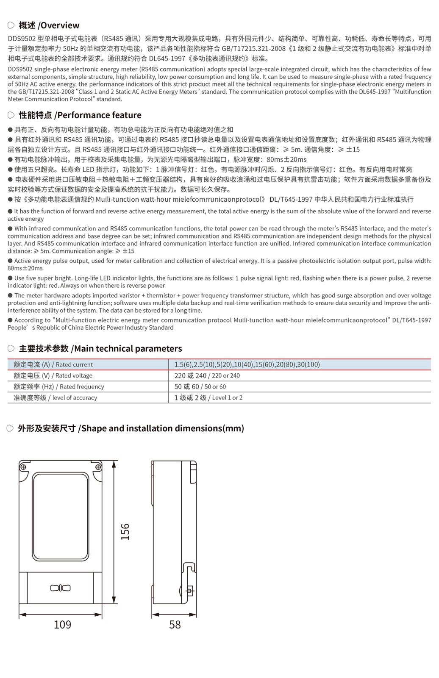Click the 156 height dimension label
(x=125, y=531)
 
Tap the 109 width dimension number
(x=62, y=625)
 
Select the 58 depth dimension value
(x=175, y=625)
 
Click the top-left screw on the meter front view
(x=23, y=467)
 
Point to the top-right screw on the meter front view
(x=98, y=467)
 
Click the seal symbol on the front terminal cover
(x=61, y=588)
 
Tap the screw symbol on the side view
(x=189, y=591)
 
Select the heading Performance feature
(x=99, y=115)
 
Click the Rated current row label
(x=53, y=364)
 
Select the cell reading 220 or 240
(x=207, y=375)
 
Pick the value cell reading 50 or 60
(x=200, y=386)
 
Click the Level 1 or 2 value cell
(x=208, y=397)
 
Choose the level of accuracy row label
(x=55, y=397)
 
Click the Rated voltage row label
(x=53, y=375)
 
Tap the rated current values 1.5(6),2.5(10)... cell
(x=247, y=364)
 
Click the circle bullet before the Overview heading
(x=11, y=25)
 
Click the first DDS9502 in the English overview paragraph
(x=20, y=69)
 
